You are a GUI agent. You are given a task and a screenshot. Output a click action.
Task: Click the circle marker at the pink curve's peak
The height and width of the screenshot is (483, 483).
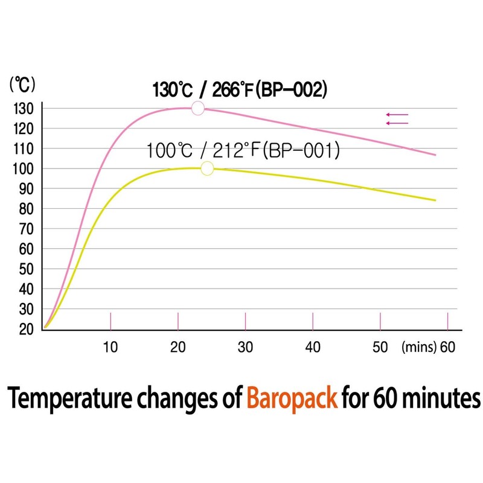click(x=197, y=108)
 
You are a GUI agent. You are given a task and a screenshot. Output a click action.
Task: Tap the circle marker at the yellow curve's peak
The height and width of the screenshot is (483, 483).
click(x=207, y=168)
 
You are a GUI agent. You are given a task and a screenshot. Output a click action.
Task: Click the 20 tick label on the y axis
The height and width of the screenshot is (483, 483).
click(x=26, y=329)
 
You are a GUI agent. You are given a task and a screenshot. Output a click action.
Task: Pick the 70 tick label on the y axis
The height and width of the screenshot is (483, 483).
click(x=26, y=229)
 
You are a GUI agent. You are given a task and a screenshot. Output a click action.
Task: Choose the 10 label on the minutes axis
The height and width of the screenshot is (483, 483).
click(x=110, y=347)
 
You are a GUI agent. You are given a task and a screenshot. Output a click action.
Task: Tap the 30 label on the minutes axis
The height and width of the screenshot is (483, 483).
click(x=245, y=347)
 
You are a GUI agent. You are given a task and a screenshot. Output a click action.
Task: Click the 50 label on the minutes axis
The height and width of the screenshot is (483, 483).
click(x=380, y=347)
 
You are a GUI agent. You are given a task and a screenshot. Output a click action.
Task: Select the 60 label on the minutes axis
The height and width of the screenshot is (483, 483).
click(x=447, y=347)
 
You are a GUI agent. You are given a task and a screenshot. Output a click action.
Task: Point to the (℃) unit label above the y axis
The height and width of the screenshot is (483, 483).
click(x=22, y=85)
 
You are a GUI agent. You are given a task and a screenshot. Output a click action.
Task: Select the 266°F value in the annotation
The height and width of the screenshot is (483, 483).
click(x=233, y=91)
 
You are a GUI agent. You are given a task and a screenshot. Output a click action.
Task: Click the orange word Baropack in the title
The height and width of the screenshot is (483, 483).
click(x=292, y=399)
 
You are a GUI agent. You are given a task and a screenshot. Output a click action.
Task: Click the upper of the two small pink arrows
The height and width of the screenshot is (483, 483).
click(x=397, y=114)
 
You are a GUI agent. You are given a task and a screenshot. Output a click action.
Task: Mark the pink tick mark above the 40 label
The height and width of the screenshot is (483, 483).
click(x=312, y=321)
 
